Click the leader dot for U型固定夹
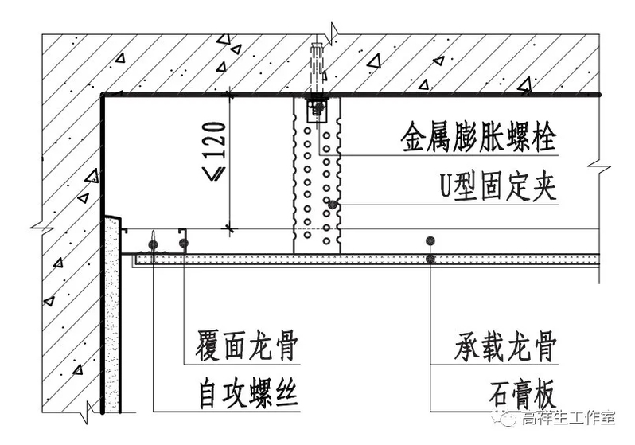(333, 205)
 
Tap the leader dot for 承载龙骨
(430, 240)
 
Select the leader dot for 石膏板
(430, 260)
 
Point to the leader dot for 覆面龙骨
(184, 242)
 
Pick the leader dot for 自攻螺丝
(152, 242)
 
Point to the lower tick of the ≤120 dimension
(231, 229)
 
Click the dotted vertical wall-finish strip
(112, 318)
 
